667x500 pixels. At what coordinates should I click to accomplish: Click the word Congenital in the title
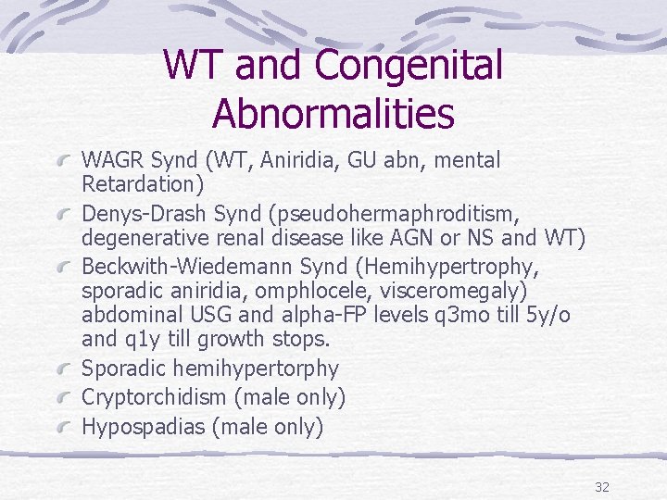click(409, 65)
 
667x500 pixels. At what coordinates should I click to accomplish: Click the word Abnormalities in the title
click(333, 113)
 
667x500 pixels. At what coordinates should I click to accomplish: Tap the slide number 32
click(601, 487)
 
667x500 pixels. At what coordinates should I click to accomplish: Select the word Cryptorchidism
click(156, 398)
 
